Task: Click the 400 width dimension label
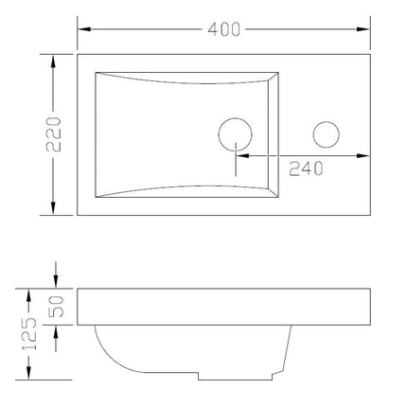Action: (223, 29)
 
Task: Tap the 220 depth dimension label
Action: (54, 134)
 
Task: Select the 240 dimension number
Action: (306, 168)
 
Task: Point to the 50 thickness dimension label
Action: (56, 307)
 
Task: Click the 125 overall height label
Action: (29, 334)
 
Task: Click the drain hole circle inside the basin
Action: (235, 119)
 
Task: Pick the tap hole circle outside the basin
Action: (326, 122)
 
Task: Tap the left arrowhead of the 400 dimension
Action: (84, 29)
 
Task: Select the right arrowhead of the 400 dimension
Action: (363, 29)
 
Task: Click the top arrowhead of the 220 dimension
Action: (53, 62)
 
